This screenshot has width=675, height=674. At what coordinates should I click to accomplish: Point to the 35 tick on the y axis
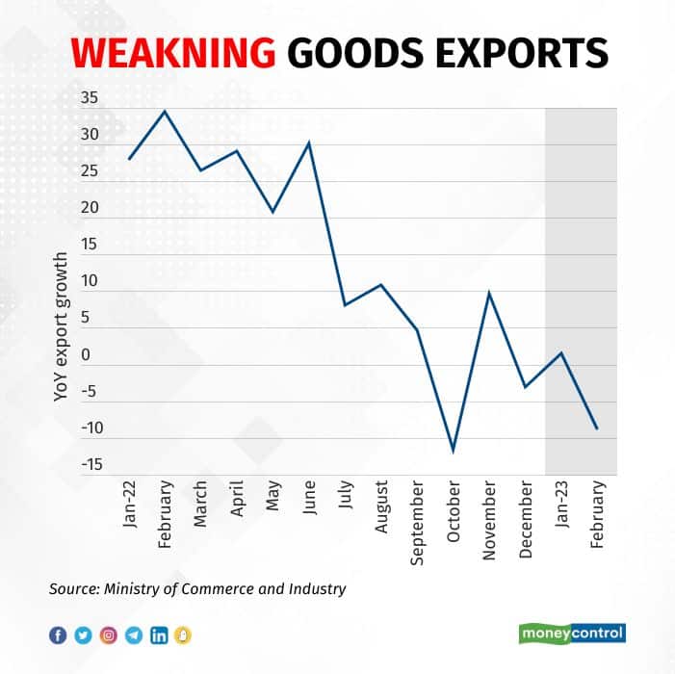(90, 98)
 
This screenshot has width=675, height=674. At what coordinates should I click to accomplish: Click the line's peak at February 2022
(165, 111)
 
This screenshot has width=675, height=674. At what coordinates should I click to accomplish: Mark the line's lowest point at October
(453, 451)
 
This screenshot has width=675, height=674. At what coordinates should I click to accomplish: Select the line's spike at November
(489, 292)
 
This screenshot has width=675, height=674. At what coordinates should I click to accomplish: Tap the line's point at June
(308, 143)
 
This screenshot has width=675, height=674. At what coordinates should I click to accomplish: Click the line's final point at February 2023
(597, 428)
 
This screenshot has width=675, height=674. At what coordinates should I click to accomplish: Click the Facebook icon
(58, 635)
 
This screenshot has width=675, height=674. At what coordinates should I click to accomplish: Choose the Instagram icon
(109, 635)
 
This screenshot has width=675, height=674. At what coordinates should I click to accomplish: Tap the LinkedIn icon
(158, 635)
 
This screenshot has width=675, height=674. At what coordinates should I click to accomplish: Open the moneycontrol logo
(573, 633)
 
